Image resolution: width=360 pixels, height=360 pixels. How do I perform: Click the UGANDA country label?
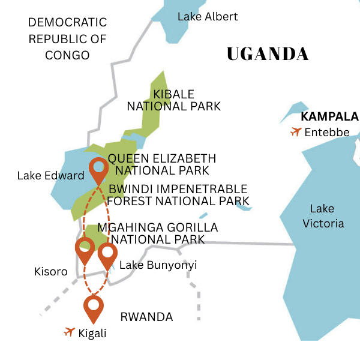[x=268, y=54]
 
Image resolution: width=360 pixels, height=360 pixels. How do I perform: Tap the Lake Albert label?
[x=208, y=17]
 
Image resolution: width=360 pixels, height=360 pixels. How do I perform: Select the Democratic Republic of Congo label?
[x=67, y=39]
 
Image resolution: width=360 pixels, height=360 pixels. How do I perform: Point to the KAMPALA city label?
[x=329, y=116]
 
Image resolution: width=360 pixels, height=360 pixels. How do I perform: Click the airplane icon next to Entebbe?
[x=295, y=131]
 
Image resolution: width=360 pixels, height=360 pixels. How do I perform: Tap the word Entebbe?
[x=327, y=132]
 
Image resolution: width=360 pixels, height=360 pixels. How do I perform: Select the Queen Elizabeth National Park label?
[x=161, y=164]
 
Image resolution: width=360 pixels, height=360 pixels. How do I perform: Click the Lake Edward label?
[x=50, y=176]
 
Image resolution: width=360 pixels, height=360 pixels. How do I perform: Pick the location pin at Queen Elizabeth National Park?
[x=98, y=170]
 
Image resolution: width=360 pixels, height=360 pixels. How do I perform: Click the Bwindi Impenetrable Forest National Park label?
[x=178, y=195]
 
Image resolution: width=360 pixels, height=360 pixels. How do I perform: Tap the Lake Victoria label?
[x=327, y=216]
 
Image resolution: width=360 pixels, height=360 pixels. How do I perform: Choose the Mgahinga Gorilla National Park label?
[x=157, y=233]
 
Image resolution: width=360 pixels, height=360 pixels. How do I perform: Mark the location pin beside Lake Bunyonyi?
[x=107, y=254]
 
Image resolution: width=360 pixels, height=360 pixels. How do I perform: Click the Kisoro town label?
[x=50, y=272]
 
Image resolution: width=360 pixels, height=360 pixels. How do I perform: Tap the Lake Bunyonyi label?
[x=158, y=265]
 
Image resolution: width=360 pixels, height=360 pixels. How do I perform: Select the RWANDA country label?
[x=146, y=317]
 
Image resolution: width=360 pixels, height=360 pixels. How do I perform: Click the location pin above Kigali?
[x=94, y=307]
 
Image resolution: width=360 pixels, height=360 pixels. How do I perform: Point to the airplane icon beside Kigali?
[x=69, y=332]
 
